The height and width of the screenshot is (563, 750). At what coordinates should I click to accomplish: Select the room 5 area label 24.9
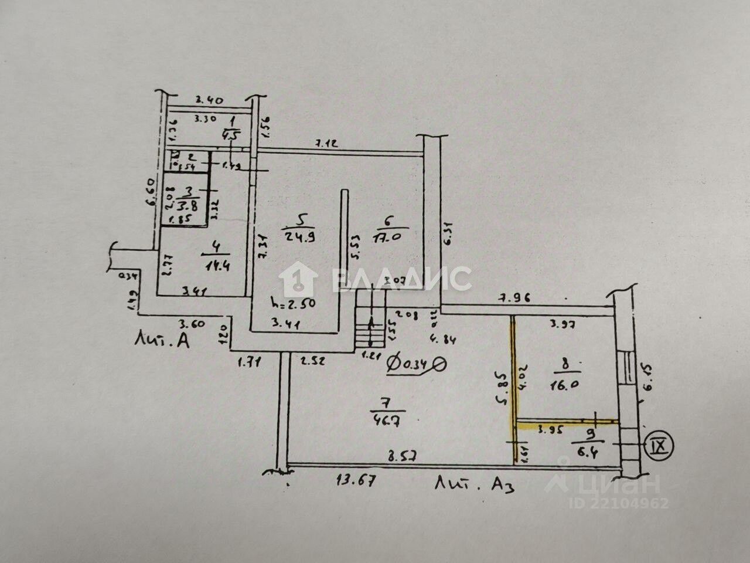click(x=301, y=236)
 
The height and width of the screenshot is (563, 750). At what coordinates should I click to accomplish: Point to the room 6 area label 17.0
click(x=387, y=239)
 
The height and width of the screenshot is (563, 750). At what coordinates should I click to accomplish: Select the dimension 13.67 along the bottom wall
click(x=354, y=481)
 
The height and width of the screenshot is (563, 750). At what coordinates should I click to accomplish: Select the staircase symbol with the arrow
click(x=370, y=329)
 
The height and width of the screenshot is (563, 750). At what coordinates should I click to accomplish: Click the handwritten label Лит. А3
click(x=475, y=484)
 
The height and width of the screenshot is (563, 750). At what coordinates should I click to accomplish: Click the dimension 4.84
click(x=443, y=338)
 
